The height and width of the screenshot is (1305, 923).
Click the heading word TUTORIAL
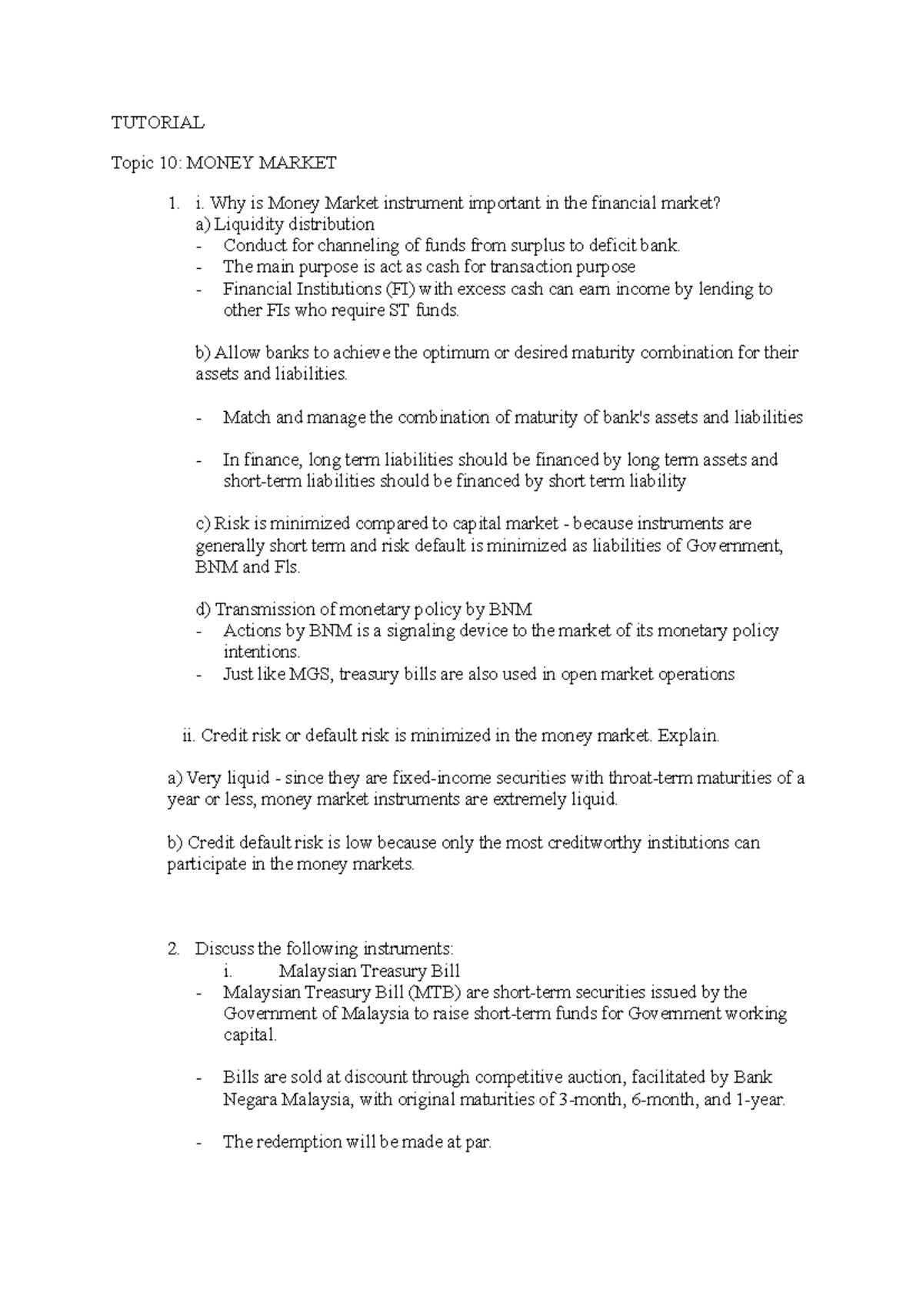point(158,123)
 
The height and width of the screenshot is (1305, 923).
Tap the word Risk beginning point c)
point(232,524)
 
